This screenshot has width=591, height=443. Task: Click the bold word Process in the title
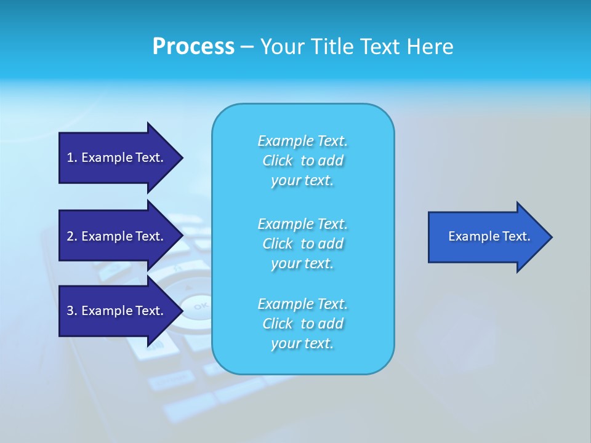click(193, 47)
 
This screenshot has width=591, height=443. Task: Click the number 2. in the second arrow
click(71, 236)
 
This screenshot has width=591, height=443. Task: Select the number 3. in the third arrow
click(71, 311)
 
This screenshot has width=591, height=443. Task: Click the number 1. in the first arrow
click(71, 158)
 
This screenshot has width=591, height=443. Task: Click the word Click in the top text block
click(278, 161)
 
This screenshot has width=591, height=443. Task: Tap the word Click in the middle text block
click(278, 244)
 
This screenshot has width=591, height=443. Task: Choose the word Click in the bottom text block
click(278, 324)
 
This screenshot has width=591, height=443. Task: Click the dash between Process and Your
click(247, 47)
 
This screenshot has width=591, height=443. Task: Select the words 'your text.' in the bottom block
click(302, 344)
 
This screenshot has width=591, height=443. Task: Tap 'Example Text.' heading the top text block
click(302, 141)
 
